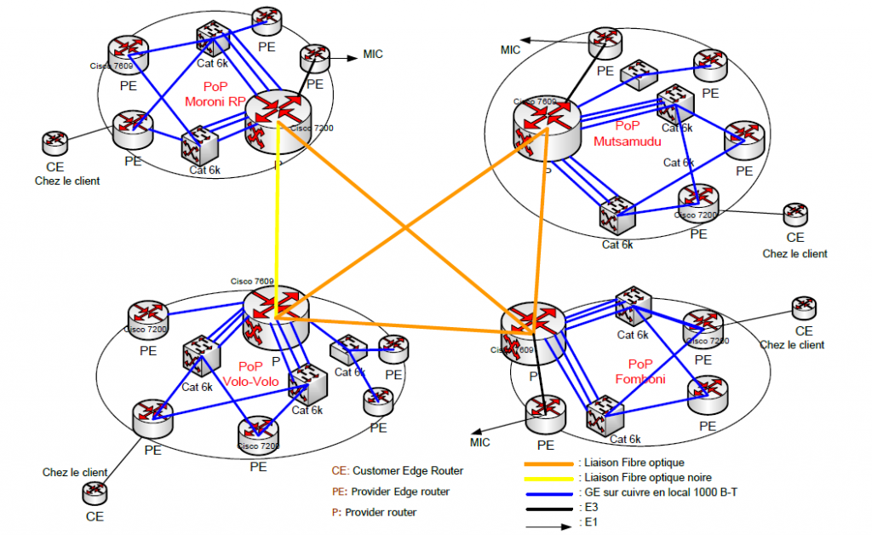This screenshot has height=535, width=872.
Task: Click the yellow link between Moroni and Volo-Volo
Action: click(278, 213)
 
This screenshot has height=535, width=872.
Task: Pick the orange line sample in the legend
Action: click(548, 463)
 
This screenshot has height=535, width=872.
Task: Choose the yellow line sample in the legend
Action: click(548, 477)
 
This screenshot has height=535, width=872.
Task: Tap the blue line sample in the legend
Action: click(548, 492)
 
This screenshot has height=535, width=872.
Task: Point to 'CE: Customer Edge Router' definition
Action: click(397, 470)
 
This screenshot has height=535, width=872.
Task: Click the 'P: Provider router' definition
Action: click(375, 512)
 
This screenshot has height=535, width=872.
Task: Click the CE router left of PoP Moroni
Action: click(54, 142)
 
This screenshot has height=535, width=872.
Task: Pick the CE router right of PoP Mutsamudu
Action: click(795, 214)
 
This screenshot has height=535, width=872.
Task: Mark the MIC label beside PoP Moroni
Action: click(373, 55)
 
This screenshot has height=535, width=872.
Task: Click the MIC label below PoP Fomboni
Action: click(480, 442)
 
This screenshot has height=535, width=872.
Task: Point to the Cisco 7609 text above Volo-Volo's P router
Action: click(252, 281)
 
